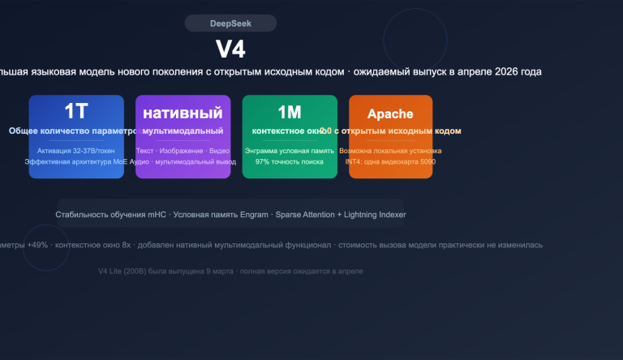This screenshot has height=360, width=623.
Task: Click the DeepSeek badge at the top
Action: (230, 24)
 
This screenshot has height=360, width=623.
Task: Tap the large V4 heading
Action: (230, 49)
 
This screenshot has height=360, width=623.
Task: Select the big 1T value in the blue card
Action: (76, 111)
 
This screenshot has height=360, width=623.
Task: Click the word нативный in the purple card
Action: (183, 112)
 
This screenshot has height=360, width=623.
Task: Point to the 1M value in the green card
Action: (289, 111)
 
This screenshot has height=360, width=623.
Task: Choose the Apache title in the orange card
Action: (390, 114)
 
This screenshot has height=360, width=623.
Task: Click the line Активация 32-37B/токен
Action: (76, 151)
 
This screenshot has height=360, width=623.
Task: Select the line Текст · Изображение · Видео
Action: (183, 151)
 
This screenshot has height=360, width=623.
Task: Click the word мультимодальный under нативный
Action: (183, 131)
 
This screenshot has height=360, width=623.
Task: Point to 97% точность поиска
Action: (290, 161)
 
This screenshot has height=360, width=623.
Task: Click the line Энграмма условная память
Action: (290, 151)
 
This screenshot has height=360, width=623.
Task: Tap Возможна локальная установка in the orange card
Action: (390, 151)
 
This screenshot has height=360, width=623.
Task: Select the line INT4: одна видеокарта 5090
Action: (390, 161)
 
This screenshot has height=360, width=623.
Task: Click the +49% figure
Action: (37, 244)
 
